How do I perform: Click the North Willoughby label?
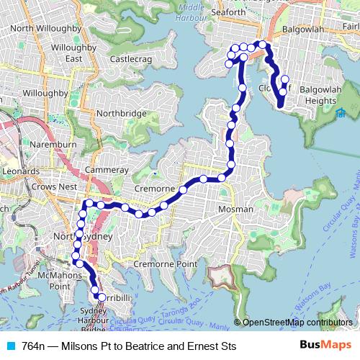click(43, 28)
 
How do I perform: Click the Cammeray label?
click(106, 170)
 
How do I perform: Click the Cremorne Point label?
click(166, 264)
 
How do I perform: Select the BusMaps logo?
click(325, 345)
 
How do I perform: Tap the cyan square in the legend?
click(11, 346)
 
